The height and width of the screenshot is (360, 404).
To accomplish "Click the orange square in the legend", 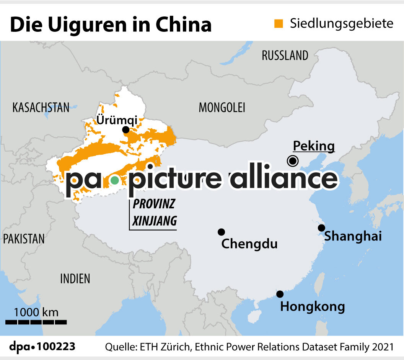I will [x=279, y=24].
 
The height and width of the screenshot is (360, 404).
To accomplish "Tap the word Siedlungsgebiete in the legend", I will [x=341, y=24].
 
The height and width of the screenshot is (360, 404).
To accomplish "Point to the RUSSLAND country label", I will [x=285, y=56].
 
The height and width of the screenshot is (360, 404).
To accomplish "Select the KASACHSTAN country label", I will [x=41, y=108].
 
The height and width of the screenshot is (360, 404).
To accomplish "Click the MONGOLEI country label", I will [x=222, y=108].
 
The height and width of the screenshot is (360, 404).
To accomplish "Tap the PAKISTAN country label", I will [x=24, y=239].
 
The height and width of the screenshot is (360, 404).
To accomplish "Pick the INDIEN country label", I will [x=75, y=279].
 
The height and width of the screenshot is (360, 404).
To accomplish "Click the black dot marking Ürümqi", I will [x=125, y=130].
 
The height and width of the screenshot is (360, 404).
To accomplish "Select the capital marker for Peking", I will [x=293, y=161].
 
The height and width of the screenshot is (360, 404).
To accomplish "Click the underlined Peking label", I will [x=314, y=146].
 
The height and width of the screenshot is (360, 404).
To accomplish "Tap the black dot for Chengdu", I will [x=221, y=232].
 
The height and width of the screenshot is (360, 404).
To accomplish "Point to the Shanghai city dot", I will [x=321, y=228].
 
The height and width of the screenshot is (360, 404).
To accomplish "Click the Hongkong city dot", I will [x=280, y=294].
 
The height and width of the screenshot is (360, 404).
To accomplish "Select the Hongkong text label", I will [x=313, y=307].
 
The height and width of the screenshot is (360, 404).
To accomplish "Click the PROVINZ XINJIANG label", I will [x=154, y=213].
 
